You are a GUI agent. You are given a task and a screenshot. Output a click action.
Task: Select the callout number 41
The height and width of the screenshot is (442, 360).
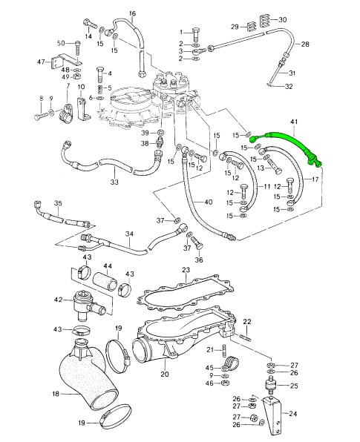[x=294, y=122]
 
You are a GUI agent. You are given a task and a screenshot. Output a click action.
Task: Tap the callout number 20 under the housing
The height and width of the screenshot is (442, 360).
[x=165, y=374]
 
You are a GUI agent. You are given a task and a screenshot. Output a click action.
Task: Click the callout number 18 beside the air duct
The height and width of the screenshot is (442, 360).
[x=56, y=393]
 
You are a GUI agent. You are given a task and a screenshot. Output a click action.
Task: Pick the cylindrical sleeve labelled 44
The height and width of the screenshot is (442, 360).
[x=105, y=282]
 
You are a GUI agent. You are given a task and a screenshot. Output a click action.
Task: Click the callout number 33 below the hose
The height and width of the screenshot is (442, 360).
[x=114, y=182]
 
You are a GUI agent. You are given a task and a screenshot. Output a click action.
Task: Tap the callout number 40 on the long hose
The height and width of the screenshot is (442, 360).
[x=209, y=202]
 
